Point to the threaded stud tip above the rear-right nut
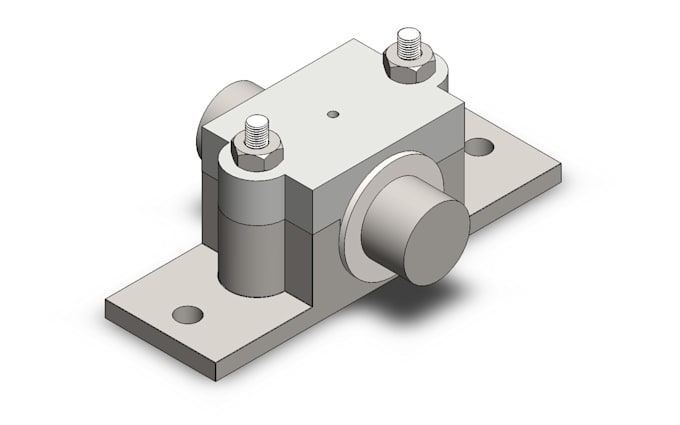click(x=410, y=40)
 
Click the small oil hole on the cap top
click(x=334, y=115)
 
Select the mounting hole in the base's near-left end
click(x=187, y=314)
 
